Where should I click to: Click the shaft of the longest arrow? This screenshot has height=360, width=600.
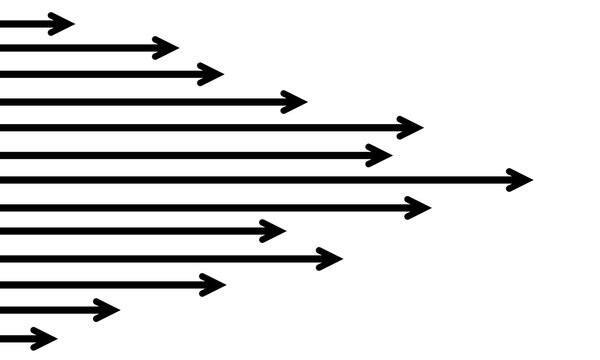tap(250, 180)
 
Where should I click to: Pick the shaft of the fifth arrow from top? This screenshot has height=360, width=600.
tap(200, 127)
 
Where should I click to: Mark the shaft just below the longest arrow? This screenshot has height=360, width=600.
tap(200, 207)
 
